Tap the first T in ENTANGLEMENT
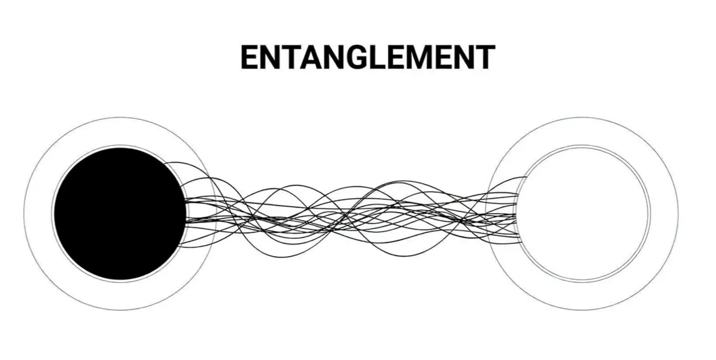coord(285,57)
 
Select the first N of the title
coord(267,57)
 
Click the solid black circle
coord(119,213)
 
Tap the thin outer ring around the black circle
coord(38,213)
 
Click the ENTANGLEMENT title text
coord(368,57)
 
